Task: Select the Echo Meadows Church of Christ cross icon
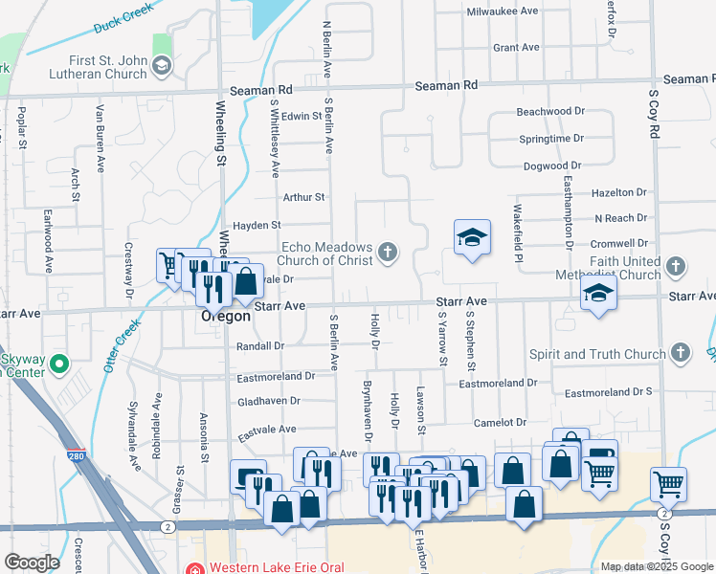[388, 253]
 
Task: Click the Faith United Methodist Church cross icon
[676, 267]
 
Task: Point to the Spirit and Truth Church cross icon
[679, 354]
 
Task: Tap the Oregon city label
[226, 317]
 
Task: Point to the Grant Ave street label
[516, 47]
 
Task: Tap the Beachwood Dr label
[550, 112]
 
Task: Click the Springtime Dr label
[551, 139]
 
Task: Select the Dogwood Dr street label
[553, 166]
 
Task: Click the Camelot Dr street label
[501, 422]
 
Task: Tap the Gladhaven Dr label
[269, 401]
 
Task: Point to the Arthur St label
[304, 197]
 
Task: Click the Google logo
[33, 563]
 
